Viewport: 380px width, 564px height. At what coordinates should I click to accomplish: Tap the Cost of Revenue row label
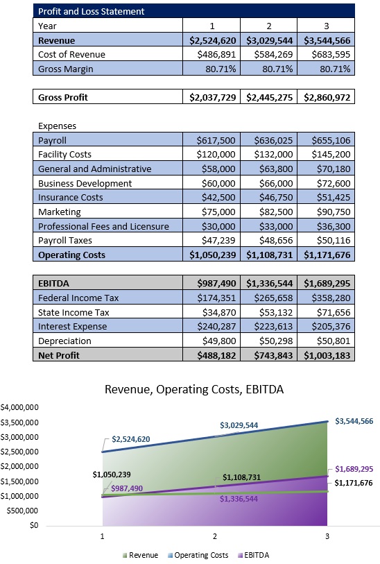click(x=71, y=54)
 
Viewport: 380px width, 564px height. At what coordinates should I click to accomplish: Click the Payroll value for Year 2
click(x=270, y=140)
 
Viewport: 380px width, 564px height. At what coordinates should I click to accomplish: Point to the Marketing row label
click(x=60, y=212)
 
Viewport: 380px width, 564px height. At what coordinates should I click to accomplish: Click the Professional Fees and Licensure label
click(x=103, y=226)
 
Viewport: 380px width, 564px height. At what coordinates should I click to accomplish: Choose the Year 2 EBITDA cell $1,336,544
click(x=270, y=284)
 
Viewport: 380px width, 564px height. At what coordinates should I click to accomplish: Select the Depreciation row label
click(x=64, y=341)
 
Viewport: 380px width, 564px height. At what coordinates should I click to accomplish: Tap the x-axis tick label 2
click(x=214, y=536)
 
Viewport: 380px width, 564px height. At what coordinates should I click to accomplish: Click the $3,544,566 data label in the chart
click(x=354, y=421)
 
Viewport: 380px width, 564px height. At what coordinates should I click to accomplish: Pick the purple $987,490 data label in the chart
click(x=126, y=488)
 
